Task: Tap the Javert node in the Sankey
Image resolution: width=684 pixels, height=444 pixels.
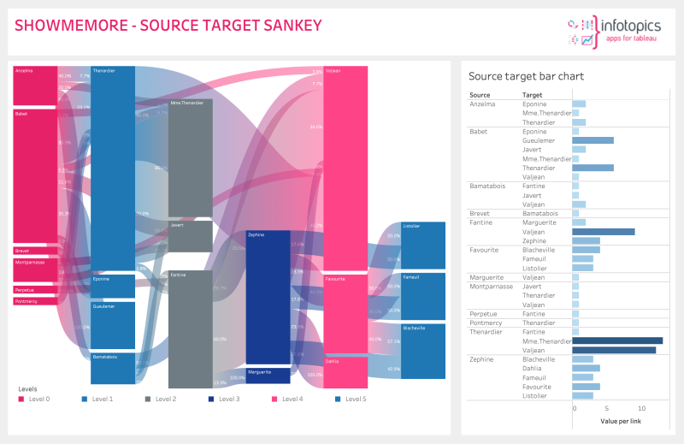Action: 190,236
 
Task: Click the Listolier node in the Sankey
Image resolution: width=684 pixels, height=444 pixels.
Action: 422,245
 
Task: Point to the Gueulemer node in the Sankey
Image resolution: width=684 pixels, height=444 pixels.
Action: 113,325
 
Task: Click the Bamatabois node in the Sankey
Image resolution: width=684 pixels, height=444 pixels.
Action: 113,368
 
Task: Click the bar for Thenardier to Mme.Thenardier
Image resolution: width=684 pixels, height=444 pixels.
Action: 617,340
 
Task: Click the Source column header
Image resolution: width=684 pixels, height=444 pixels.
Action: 480,95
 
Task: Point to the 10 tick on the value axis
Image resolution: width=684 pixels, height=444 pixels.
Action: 640,409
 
